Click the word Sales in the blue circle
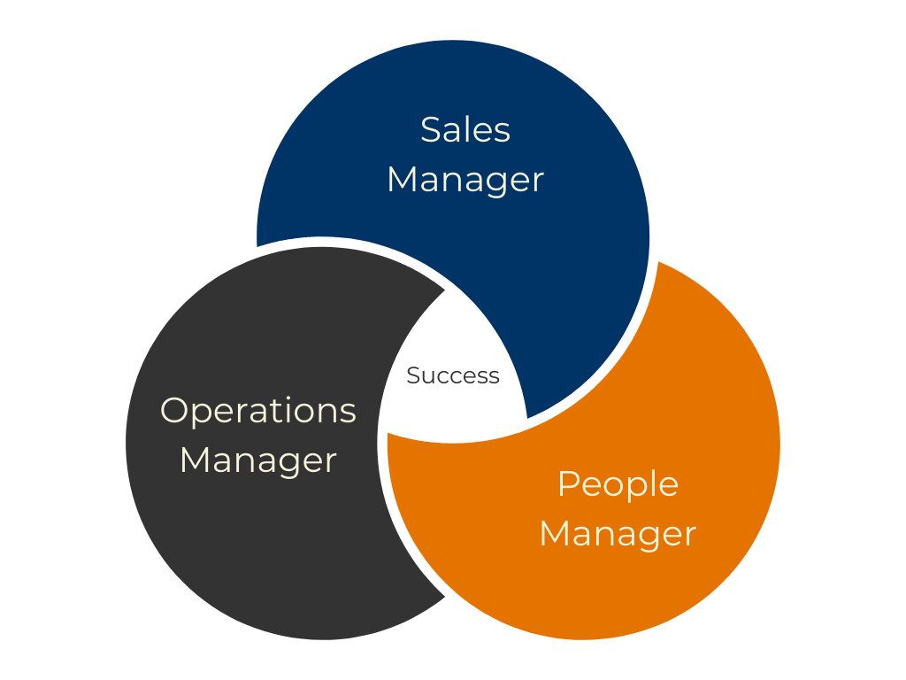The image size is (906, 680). pos(465,130)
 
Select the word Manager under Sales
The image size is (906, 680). pos(465,180)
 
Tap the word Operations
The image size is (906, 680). pos(258,411)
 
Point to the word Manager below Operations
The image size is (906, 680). pos(258,460)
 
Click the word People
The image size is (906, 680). pos(618,484)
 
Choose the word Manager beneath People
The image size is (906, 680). pos(618,534)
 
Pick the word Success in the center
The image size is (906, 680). pos(453,376)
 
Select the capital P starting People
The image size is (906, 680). pos(567,484)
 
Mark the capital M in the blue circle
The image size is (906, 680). pos(403,180)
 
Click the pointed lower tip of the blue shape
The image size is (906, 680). pos(527,417)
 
